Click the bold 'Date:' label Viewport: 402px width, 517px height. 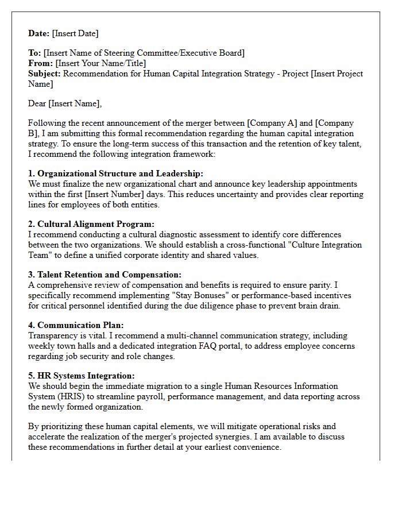click(39, 33)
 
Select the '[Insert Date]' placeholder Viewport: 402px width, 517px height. click(75, 33)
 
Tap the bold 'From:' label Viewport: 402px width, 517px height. click(40, 63)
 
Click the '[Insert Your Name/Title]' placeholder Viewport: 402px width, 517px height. click(100, 63)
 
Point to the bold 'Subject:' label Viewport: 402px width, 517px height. click(45, 74)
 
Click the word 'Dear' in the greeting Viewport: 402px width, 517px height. click(37, 103)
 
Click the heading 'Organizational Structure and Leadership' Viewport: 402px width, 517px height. click(120, 173)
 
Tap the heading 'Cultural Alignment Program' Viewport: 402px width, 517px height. click(96, 224)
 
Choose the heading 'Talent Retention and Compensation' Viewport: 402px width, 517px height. click(109, 275)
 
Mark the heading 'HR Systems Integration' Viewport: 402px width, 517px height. click(86, 376)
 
